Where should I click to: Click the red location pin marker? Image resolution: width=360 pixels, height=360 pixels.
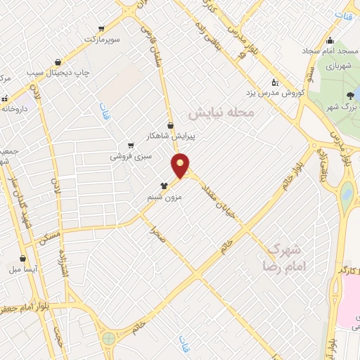[x=181, y=166]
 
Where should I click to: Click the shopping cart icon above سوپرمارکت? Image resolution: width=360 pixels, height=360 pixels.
[x=102, y=29]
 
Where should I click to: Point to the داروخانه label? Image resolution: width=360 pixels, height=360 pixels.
[x=15, y=109]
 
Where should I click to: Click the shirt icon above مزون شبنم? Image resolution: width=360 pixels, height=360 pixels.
[x=163, y=186]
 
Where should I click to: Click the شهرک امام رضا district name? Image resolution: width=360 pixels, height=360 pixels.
[x=281, y=257]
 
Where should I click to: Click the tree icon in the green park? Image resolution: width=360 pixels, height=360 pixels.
[x=351, y=96]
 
